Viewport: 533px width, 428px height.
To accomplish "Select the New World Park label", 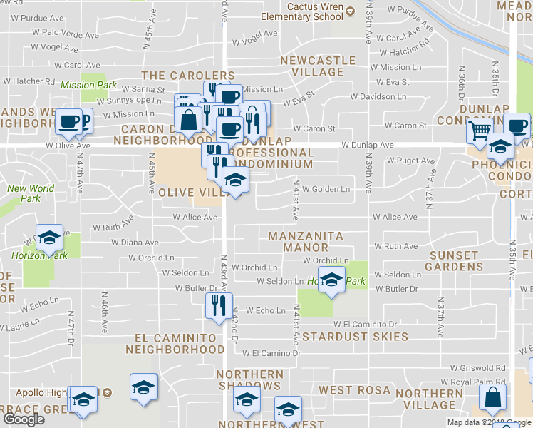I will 30,193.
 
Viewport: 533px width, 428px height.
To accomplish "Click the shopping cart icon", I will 480,130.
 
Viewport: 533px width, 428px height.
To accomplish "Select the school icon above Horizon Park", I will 49,237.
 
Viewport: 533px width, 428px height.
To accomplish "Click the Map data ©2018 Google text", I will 490,422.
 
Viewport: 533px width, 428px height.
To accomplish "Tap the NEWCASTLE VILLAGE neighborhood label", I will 312,66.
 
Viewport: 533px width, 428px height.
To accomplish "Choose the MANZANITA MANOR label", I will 306,242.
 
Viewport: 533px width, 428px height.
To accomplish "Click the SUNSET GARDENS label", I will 454,261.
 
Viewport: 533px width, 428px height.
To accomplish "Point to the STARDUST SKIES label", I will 355,336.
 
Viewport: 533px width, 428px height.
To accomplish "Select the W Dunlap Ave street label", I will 367,145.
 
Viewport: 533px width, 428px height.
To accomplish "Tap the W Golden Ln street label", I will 326,189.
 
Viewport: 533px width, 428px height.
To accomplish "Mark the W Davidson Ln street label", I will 378,96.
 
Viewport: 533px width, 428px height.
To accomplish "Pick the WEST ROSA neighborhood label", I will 354,390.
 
